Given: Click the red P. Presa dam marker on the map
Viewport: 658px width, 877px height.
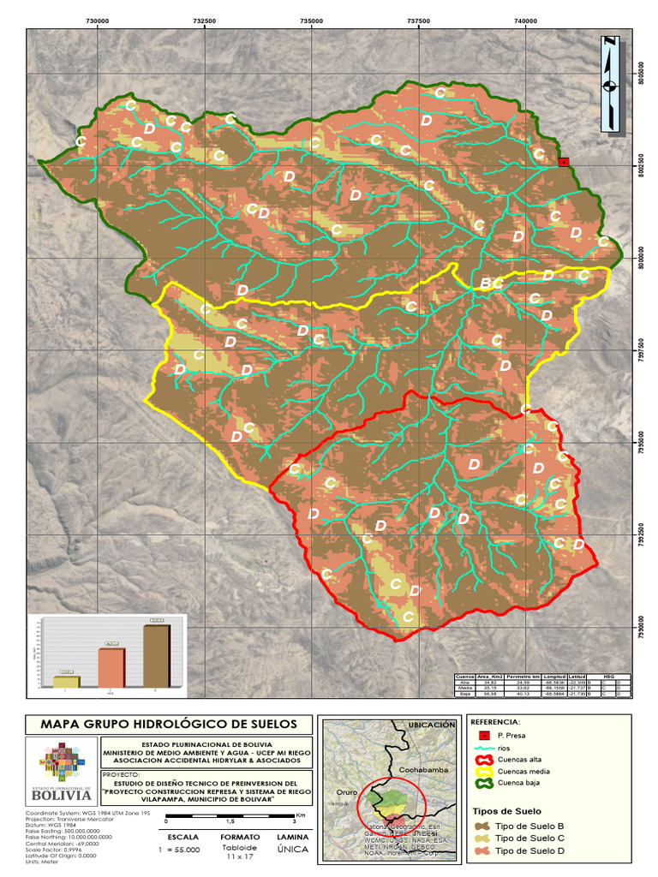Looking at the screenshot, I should tap(563, 162).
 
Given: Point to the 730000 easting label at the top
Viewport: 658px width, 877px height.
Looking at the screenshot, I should tap(98, 20).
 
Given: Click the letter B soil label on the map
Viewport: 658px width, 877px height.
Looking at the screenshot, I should tap(486, 283).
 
